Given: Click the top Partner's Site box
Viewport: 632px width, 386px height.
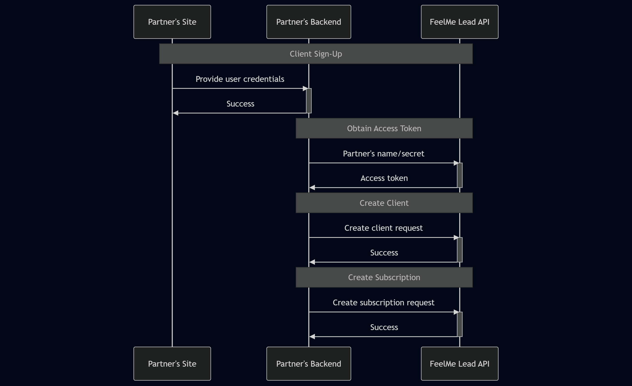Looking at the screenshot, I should pos(172,22).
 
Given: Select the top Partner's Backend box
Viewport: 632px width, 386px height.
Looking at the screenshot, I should pos(309,22).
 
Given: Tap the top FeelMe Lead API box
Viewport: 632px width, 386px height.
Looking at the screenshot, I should pos(459,22).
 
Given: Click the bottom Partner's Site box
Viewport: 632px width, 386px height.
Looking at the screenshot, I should pos(172,363).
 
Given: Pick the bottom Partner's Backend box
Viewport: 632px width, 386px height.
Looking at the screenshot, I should pos(309,363).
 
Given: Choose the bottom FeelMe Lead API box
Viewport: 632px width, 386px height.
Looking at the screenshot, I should pos(459,363).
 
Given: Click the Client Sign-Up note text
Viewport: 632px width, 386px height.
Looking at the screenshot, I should pos(316,54).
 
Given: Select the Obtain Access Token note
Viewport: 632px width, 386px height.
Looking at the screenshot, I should pos(384,128).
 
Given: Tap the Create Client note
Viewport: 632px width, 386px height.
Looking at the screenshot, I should pos(384,203).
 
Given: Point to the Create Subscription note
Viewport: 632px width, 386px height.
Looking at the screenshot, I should pos(384,277).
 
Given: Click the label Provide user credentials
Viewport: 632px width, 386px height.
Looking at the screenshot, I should pos(240,79).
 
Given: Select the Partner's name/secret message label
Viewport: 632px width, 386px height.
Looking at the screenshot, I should pos(383,154).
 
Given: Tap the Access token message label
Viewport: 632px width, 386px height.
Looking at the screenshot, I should pos(384,178).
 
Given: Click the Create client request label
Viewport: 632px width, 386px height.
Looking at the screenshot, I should pos(383,228).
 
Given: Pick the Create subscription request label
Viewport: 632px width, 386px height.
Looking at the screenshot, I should pos(383,302).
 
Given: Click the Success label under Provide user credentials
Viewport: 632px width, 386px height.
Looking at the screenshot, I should pos(240,104).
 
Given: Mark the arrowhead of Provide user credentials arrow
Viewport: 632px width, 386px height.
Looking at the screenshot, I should pos(305,89).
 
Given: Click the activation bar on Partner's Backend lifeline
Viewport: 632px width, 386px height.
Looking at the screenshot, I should pos(309,101).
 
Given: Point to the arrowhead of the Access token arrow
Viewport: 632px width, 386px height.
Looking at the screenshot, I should pos(312,188).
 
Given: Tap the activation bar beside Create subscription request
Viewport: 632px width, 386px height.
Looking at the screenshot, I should pos(460,324).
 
